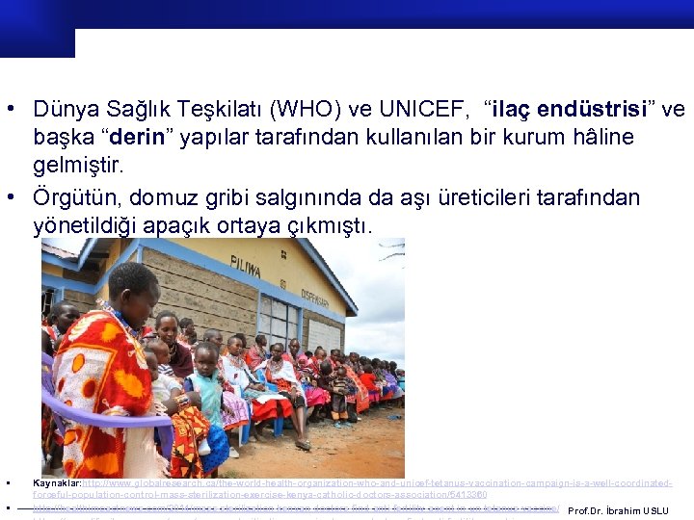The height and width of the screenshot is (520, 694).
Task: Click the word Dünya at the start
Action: click(65, 109)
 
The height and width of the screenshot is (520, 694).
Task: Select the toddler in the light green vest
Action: click(205, 395)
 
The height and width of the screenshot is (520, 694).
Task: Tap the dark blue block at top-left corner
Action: click(37, 29)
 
